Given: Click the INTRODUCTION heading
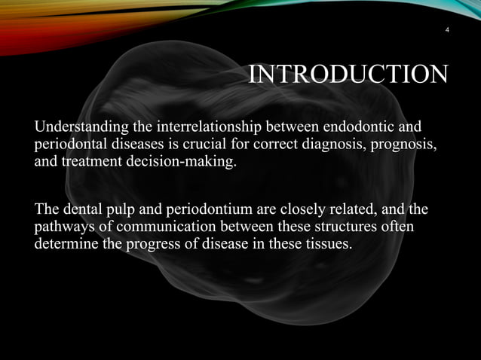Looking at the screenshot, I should [348, 75].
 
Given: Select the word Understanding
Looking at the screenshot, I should [80, 125].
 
